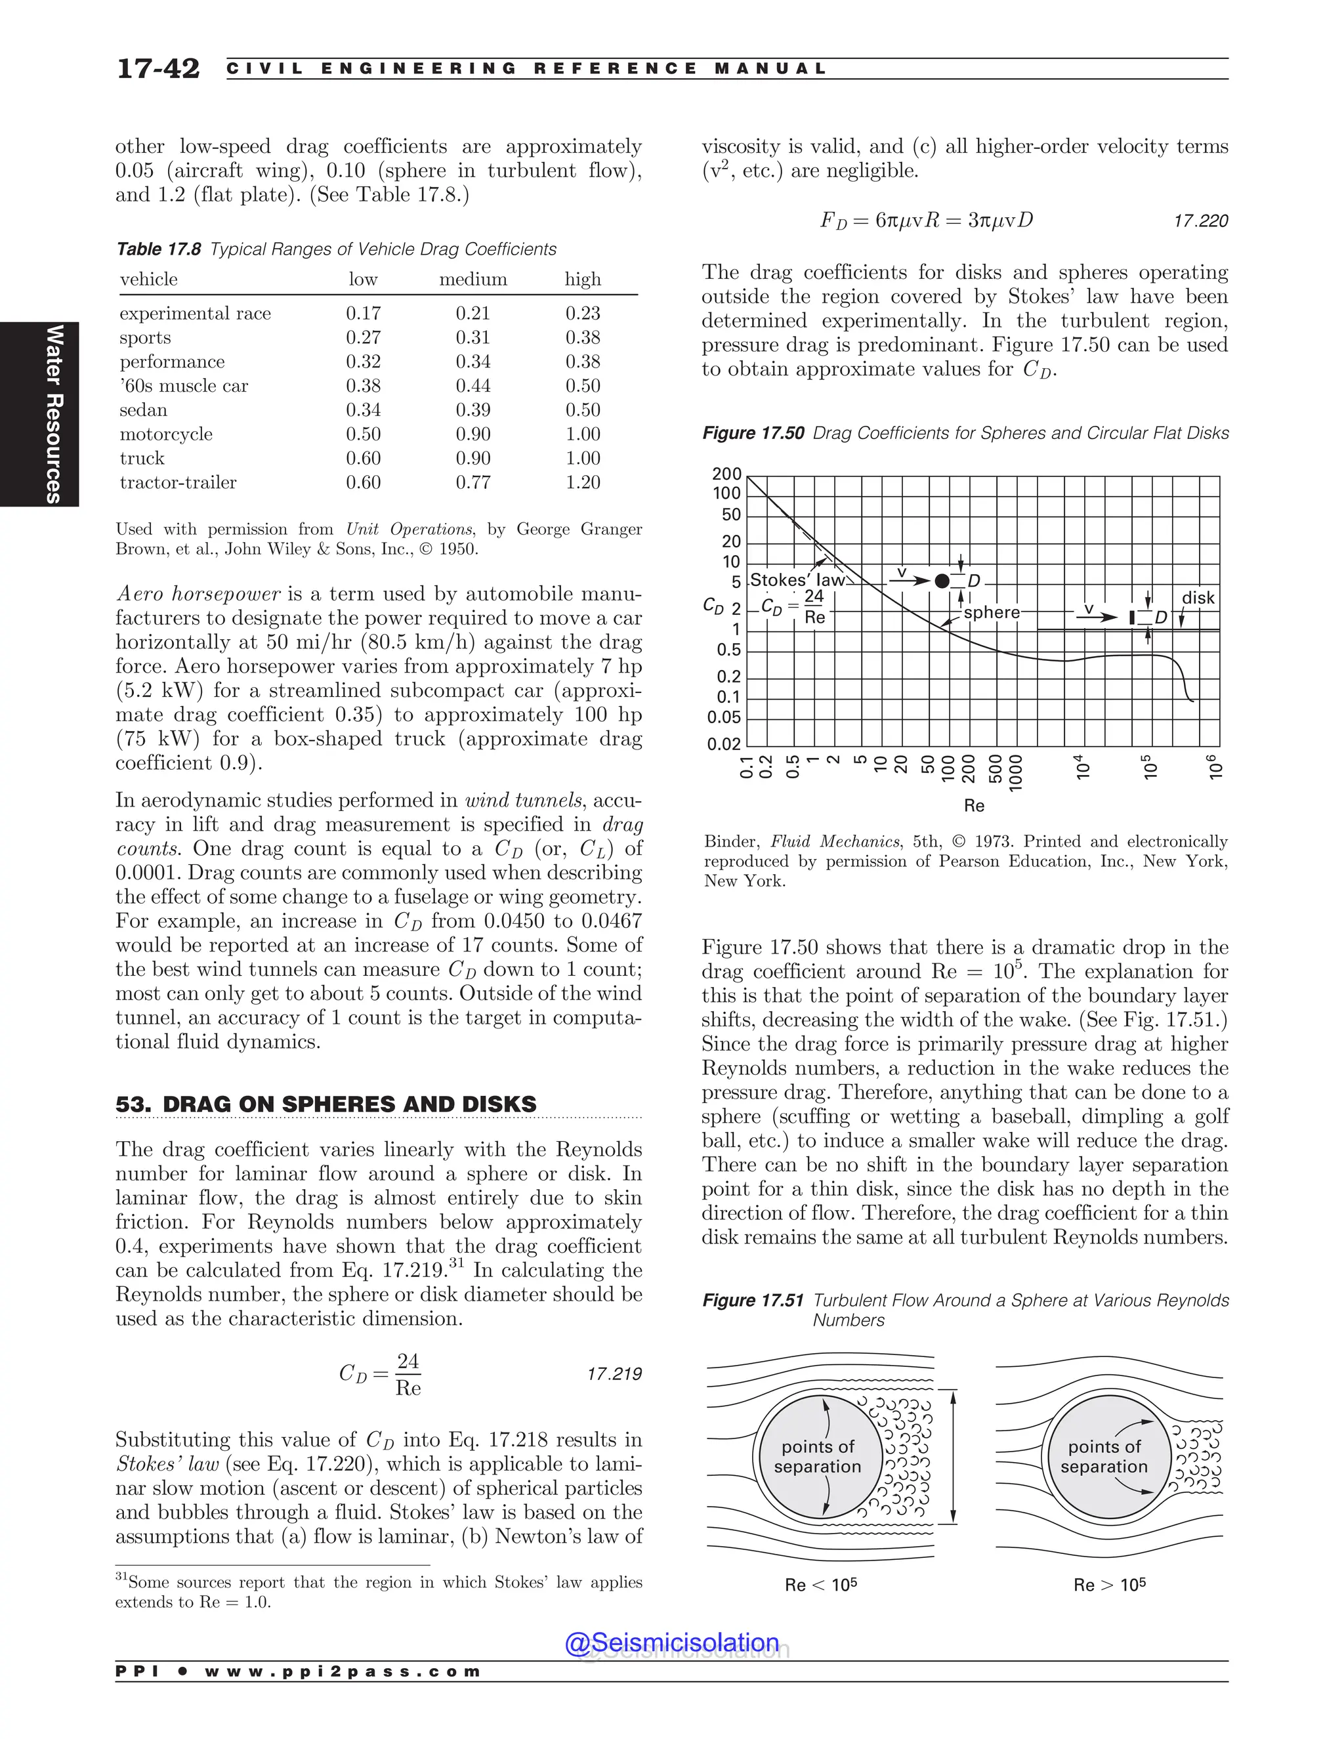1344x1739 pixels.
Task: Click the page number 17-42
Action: click(157, 68)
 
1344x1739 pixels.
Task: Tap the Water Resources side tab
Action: click(53, 413)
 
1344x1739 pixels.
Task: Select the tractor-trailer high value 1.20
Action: click(583, 482)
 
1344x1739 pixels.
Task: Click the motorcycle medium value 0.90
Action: click(473, 434)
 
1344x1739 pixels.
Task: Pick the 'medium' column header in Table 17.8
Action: click(473, 280)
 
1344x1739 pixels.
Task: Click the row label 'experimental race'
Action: click(195, 313)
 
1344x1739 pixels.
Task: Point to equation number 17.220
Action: click(1201, 221)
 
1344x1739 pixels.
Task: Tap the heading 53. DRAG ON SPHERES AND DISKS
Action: click(325, 1104)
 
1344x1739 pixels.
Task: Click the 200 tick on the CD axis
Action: click(726, 474)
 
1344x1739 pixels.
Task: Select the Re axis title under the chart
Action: click(974, 806)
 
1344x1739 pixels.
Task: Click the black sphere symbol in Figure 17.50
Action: click(942, 581)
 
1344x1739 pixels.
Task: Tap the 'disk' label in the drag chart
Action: click(1198, 598)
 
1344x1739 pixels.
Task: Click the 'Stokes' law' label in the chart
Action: click(797, 581)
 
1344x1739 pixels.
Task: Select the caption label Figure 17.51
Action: click(753, 1300)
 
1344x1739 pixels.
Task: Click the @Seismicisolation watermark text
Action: click(672, 1643)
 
